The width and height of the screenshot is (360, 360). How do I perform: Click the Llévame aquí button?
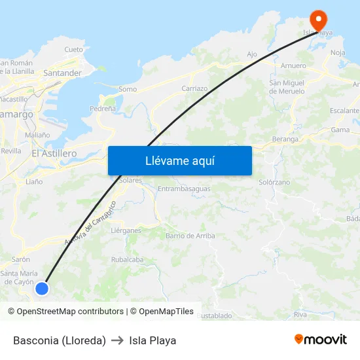(x=179, y=160)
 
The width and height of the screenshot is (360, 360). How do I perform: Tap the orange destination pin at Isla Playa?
(x=319, y=18)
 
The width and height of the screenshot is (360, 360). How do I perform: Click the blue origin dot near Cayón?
(x=42, y=288)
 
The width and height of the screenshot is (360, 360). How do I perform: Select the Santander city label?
(x=62, y=73)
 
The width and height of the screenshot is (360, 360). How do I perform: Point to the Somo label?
(x=128, y=89)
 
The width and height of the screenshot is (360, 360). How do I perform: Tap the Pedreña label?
(x=103, y=109)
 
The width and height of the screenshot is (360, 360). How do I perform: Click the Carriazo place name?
(x=194, y=88)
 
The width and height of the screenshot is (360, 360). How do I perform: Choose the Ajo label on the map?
(x=252, y=54)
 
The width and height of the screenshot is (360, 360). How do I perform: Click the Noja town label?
(x=338, y=52)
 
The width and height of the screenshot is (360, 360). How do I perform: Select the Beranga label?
(x=285, y=139)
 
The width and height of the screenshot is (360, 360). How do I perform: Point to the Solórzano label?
(x=274, y=182)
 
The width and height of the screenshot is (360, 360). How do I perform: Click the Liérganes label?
(x=126, y=230)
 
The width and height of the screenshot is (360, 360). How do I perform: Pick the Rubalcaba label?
(x=127, y=259)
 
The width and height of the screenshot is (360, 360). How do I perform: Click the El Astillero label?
(x=54, y=153)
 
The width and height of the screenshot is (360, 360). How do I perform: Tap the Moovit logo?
(x=321, y=339)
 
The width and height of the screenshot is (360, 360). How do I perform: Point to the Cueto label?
(x=74, y=49)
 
